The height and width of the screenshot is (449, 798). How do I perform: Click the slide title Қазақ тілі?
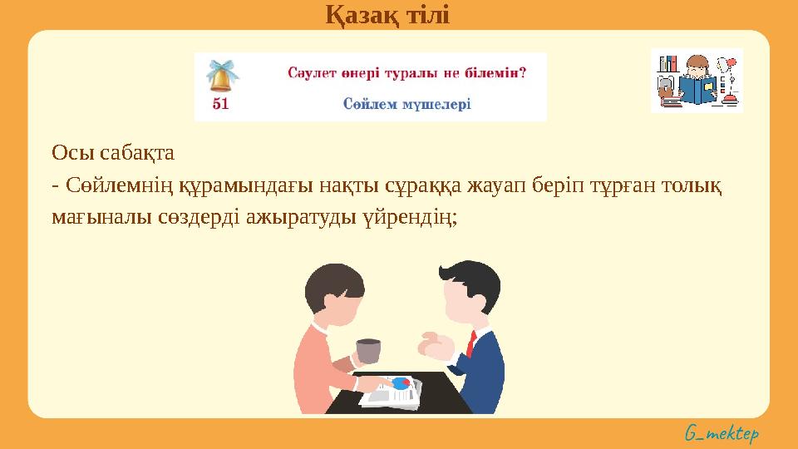point(386,14)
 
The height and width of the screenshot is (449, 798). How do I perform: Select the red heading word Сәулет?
point(312,73)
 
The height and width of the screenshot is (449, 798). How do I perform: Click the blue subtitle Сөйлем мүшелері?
point(406,104)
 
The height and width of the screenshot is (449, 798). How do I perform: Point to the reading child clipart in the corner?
point(696,81)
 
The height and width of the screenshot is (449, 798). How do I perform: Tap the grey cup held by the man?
point(368,351)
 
